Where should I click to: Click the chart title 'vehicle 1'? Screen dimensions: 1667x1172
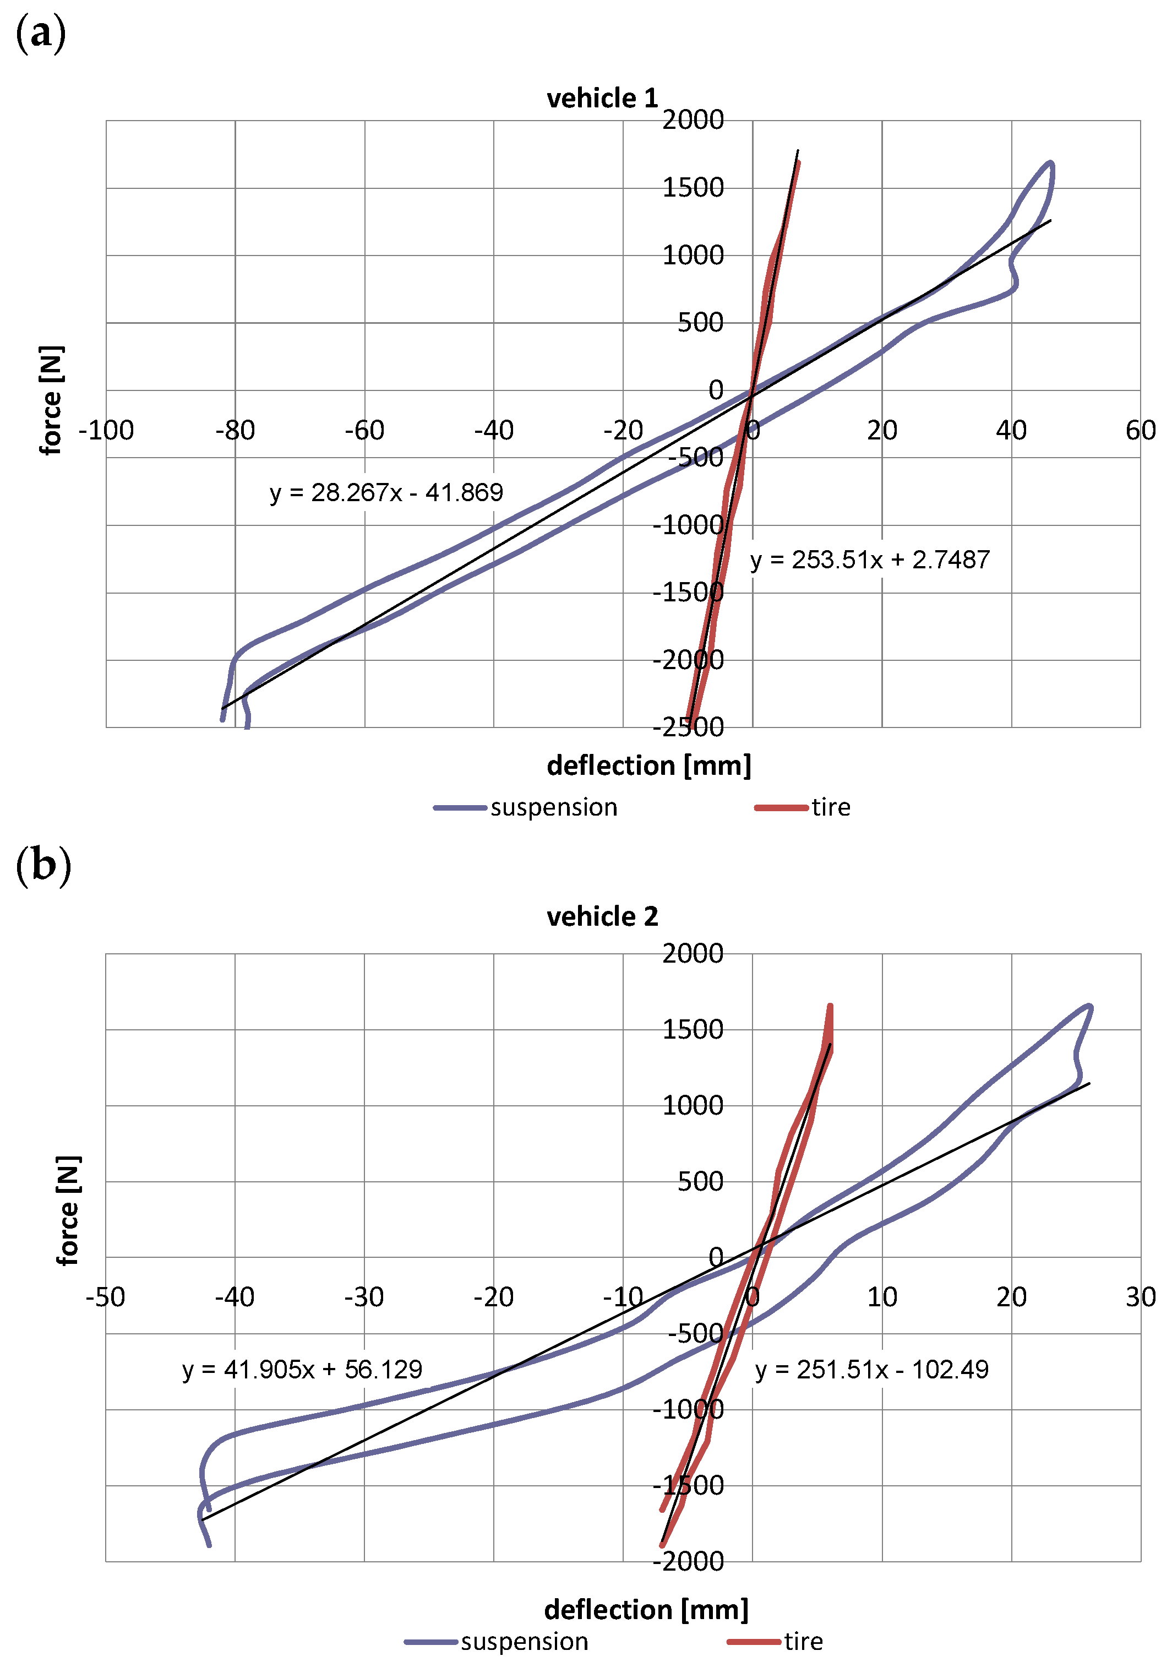tap(602, 98)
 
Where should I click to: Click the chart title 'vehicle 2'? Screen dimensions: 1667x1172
tap(602, 916)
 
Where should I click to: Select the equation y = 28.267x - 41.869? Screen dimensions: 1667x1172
tap(386, 493)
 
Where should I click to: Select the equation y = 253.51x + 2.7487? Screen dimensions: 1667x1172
tap(869, 560)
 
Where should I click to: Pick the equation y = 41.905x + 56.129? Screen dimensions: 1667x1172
tap(302, 1369)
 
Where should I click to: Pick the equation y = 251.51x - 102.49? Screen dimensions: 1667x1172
tap(871, 1369)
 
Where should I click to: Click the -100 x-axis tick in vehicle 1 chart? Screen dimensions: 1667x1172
tap(106, 431)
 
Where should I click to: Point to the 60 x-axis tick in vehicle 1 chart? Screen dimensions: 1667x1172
tap(1140, 431)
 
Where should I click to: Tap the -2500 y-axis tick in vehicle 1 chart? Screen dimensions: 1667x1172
tap(688, 727)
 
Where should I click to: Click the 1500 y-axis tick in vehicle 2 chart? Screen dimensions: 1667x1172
tap(693, 1029)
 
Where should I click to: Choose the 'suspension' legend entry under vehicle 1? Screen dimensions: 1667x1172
tap(553, 807)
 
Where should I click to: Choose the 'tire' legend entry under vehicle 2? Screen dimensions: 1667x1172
tap(803, 1642)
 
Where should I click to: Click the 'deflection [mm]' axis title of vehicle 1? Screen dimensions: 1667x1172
tap(649, 766)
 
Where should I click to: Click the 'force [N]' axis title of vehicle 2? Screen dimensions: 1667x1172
tap(68, 1211)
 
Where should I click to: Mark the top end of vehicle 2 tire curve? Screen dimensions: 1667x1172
tap(830, 1006)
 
